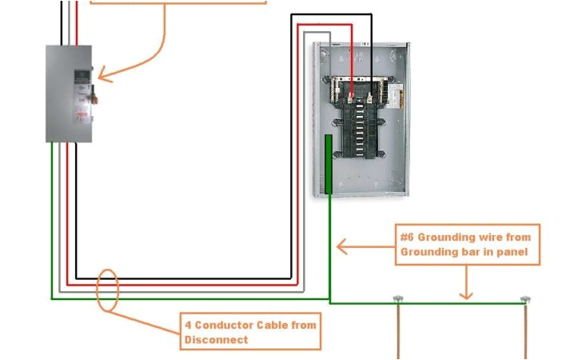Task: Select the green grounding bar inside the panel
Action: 328,165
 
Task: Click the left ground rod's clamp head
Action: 397,299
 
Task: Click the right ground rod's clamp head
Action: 525,299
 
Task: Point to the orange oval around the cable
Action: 108,290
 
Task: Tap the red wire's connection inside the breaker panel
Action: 352,94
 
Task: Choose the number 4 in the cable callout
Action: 188,325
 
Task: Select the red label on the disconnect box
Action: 81,118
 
